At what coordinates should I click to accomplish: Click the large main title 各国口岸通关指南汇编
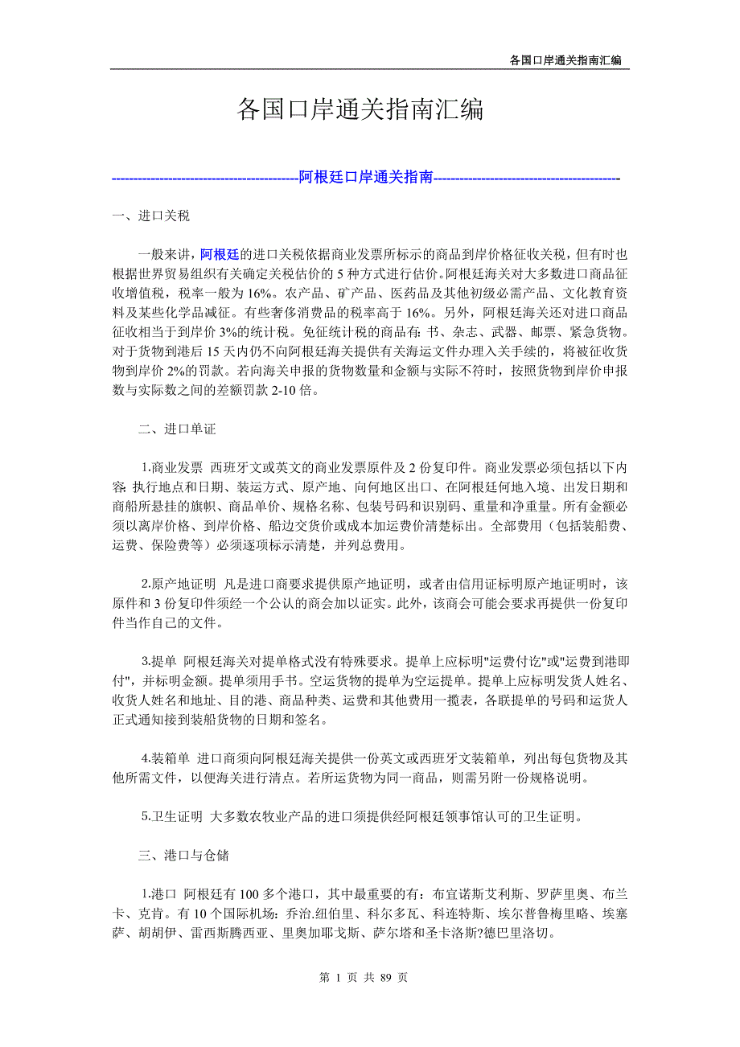(x=360, y=110)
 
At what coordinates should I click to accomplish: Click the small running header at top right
(x=565, y=60)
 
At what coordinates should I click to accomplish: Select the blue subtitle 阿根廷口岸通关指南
(x=366, y=178)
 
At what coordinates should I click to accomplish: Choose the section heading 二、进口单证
(x=177, y=429)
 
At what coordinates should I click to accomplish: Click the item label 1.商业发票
(x=172, y=468)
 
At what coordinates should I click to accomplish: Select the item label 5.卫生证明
(x=172, y=817)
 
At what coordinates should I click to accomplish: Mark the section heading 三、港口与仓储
(x=183, y=856)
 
